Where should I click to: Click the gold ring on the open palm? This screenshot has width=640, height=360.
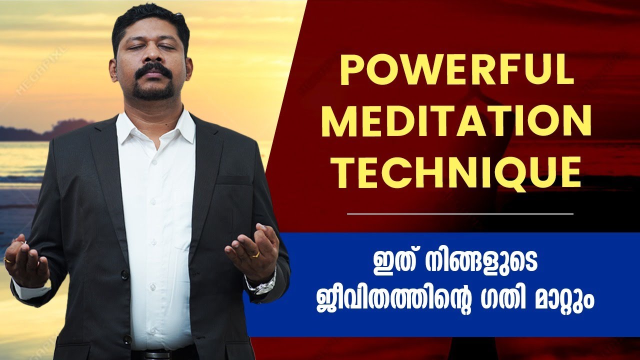click(x=255, y=254)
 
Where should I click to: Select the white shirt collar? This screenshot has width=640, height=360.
click(x=155, y=125)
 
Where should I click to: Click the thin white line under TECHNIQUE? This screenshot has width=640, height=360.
click(x=460, y=213)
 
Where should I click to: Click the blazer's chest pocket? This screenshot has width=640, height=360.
click(x=234, y=180)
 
